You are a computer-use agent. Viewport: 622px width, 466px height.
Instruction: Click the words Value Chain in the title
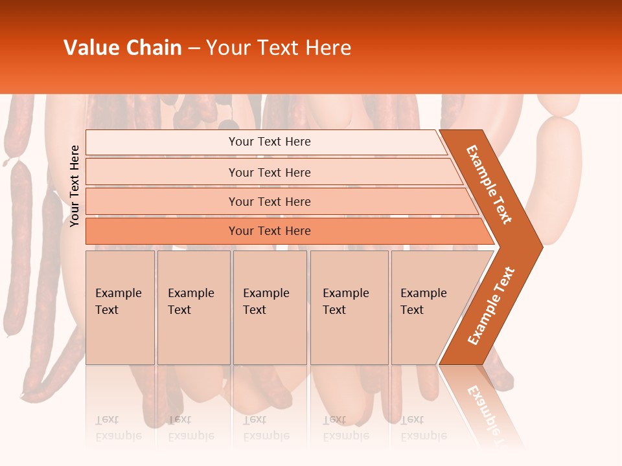122,48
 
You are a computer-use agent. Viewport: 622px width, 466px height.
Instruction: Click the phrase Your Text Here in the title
279,48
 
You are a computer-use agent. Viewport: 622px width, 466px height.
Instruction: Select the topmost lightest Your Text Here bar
269,142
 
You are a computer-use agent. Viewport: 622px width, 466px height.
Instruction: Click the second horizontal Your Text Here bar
269,172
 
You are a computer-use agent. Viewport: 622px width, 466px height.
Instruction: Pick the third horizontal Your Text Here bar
269,201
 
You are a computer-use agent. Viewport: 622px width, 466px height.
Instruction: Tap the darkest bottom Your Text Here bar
269,231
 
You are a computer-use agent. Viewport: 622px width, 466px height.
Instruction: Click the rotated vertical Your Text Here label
75,186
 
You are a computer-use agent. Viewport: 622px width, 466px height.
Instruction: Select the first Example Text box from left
120,307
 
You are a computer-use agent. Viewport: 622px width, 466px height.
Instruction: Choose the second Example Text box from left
193,307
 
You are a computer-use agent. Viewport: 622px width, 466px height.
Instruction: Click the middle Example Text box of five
270,307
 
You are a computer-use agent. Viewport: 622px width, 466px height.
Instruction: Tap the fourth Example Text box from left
349,307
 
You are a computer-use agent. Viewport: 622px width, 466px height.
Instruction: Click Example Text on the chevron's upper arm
489,184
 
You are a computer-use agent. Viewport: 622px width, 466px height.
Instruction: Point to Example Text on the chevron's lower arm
491,306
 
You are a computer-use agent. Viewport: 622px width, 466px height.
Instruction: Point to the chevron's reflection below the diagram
486,401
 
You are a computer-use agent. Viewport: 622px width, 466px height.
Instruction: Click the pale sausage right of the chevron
559,181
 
